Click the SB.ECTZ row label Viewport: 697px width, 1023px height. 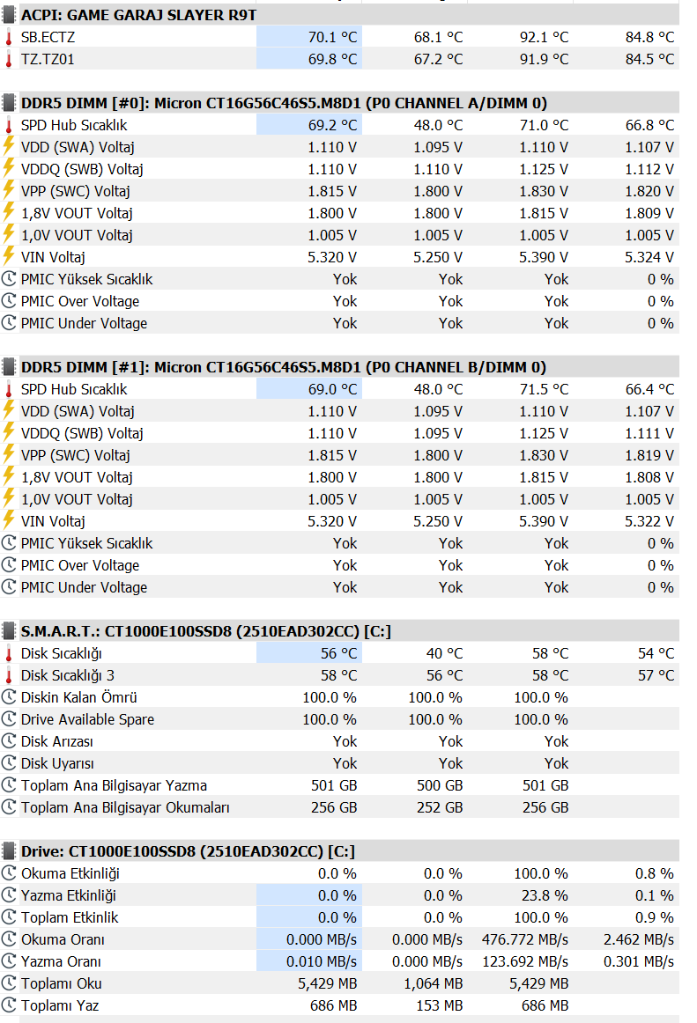pos(48,37)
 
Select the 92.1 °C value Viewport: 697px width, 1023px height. pos(544,37)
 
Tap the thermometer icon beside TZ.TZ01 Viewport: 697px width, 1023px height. pos(9,59)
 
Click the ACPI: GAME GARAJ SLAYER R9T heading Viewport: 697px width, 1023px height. pos(138,15)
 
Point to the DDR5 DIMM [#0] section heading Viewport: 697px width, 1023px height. pos(284,103)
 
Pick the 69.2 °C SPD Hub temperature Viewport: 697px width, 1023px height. pos(332,125)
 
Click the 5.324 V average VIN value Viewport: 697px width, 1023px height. pos(649,257)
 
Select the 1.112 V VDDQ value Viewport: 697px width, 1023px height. pos(649,169)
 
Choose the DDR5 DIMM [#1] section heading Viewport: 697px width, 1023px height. pos(284,367)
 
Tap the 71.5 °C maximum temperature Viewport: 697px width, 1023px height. pos(544,389)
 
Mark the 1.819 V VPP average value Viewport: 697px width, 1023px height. pos(649,455)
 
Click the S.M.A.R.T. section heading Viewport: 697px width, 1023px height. pos(206,631)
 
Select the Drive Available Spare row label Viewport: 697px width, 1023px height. pos(87,719)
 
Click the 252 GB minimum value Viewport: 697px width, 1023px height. pos(440,807)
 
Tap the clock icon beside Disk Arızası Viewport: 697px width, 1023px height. pos(9,741)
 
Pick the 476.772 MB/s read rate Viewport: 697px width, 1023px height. pos(525,939)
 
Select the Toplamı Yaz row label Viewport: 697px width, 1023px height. pos(60,1005)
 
